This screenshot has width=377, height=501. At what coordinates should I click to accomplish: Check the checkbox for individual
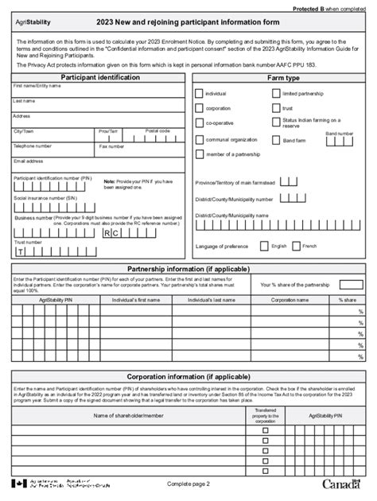tap(199, 94)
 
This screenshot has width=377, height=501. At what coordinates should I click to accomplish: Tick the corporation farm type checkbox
tap(199, 108)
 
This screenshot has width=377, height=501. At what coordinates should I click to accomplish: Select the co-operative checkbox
tap(199, 122)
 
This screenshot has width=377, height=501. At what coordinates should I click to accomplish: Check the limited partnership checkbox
tap(275, 94)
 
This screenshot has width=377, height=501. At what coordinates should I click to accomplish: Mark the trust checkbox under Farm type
tap(275, 108)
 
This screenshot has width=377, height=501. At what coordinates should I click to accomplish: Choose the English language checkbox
tap(263, 247)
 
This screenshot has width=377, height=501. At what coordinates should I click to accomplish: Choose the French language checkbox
tap(296, 247)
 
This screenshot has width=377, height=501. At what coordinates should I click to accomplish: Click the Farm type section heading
tap(283, 78)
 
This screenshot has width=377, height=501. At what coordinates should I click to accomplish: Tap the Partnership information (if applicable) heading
tap(188, 268)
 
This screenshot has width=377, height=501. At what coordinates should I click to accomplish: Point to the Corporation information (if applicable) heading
tap(188, 375)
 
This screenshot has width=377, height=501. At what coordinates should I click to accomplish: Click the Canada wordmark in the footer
tap(344, 484)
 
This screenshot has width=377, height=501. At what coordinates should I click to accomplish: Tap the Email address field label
tap(29, 161)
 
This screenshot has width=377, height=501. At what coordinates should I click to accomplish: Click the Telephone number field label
tap(33, 146)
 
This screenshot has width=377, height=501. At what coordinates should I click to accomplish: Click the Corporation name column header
tap(290, 300)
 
